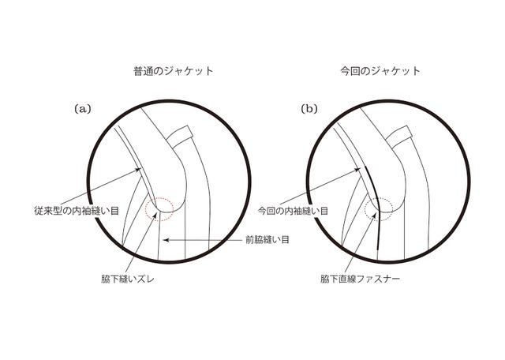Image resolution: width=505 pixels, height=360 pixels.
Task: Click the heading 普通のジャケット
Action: (x=174, y=71)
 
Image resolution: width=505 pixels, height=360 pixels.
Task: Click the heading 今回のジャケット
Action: (x=380, y=71)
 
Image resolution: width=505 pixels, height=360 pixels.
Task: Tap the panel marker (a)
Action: (x=83, y=109)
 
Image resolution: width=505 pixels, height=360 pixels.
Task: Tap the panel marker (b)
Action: (x=309, y=109)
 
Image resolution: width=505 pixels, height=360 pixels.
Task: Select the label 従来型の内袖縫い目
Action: (x=77, y=211)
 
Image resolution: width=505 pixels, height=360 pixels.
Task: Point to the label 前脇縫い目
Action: (x=267, y=240)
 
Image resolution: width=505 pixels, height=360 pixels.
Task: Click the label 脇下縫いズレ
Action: (x=128, y=279)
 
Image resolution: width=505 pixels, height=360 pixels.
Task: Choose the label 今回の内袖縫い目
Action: (x=293, y=211)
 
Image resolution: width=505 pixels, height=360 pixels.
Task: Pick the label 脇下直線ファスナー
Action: (x=360, y=279)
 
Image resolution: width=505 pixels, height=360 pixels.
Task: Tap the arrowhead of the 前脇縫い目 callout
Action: (x=165, y=240)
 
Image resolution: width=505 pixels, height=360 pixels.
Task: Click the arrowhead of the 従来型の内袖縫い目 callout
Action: (x=139, y=169)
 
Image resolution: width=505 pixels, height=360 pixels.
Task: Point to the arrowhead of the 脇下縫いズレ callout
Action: (x=156, y=214)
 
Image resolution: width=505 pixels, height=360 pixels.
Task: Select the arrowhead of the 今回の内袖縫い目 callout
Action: (x=357, y=169)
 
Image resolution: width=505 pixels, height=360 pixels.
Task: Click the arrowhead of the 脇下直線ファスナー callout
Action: (x=376, y=214)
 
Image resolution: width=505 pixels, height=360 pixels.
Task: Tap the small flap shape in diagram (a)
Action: (x=180, y=137)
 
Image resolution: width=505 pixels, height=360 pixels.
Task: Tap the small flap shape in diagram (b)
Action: (x=398, y=137)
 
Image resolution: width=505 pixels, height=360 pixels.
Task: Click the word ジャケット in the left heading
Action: (x=189, y=71)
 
